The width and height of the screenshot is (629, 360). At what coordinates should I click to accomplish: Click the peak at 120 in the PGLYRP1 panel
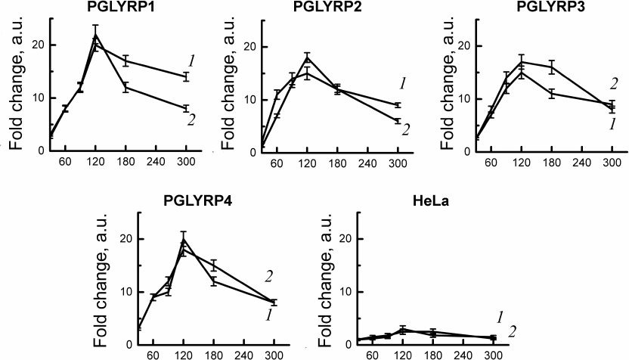pyautogui.click(x=95, y=34)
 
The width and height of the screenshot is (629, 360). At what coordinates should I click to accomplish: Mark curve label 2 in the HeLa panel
pyautogui.click(x=513, y=331)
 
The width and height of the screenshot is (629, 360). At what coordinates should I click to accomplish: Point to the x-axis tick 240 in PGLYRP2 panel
pyautogui.click(x=368, y=162)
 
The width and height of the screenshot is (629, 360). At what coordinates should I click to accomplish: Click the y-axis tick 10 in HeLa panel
pyautogui.click(x=348, y=292)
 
